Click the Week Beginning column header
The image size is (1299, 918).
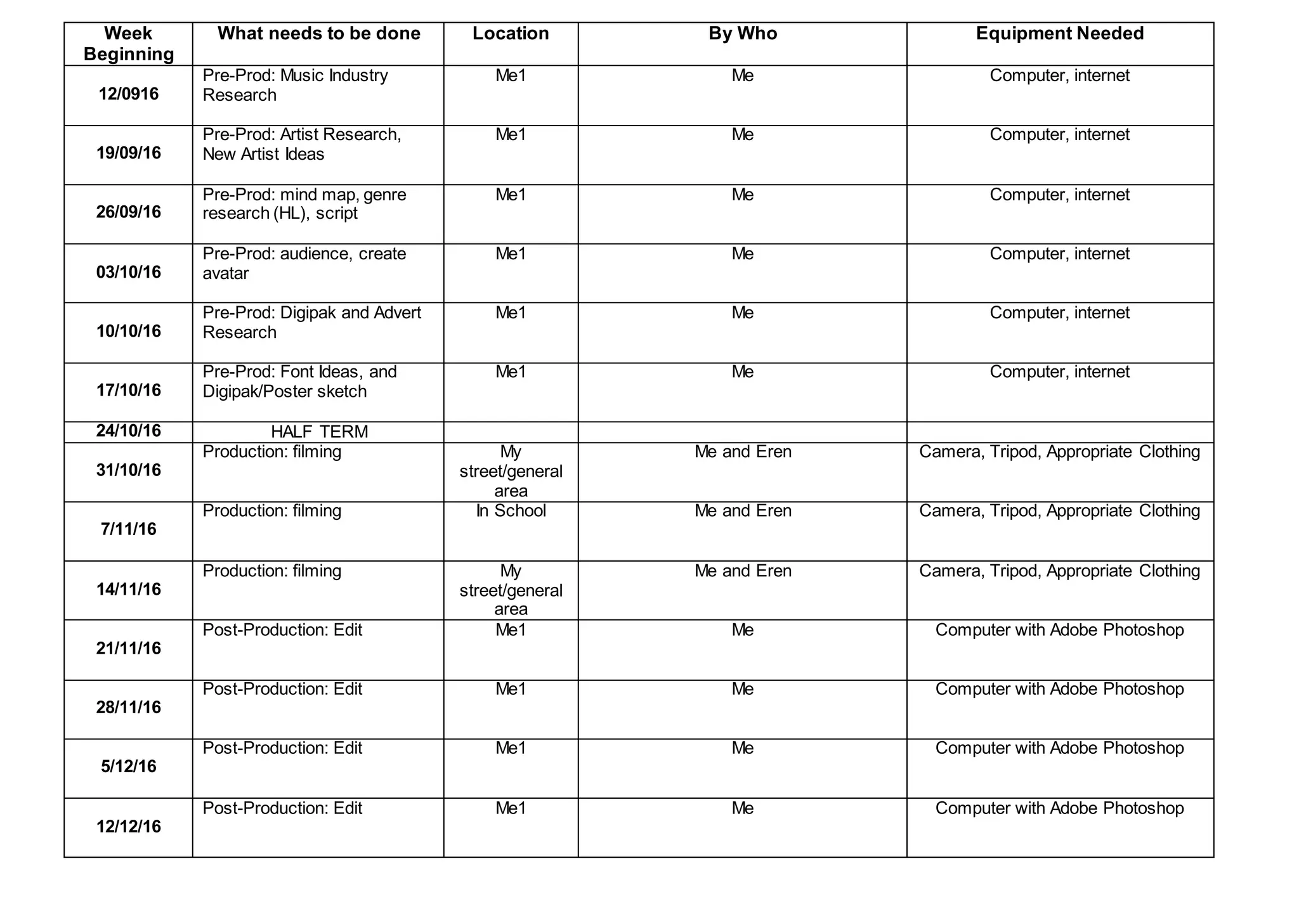coord(129,44)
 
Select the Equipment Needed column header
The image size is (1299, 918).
coord(1059,34)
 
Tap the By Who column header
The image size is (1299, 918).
coord(742,34)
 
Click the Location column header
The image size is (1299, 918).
coord(511,34)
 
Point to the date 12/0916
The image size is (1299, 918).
coord(129,94)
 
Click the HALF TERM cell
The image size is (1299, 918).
coord(319,432)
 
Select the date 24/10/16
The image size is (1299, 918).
coord(129,431)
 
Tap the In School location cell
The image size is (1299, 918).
coord(511,511)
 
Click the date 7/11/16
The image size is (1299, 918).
coord(129,529)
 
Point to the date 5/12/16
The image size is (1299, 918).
coord(129,766)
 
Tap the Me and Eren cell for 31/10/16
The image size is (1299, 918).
coord(743,452)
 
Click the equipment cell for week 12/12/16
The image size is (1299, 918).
coord(1059,808)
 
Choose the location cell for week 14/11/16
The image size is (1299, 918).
coord(511,590)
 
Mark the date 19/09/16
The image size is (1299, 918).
coord(129,153)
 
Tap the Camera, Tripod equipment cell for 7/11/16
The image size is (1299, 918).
coord(1059,511)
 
